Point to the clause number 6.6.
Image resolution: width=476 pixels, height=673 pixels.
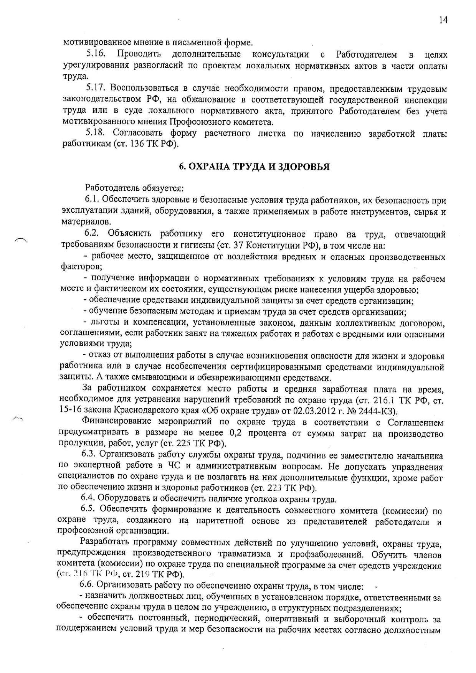point(88,586)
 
